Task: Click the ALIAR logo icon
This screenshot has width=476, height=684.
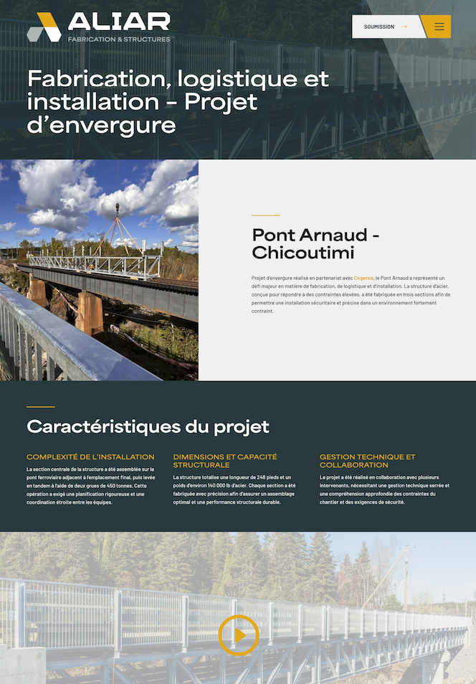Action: pos(44,27)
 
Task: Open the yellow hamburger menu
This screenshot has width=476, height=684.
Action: pos(439,27)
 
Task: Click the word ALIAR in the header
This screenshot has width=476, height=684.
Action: pos(119,22)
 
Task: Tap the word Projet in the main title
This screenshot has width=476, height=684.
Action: pos(221,102)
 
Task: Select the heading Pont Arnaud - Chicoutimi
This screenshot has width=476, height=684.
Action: pos(315,244)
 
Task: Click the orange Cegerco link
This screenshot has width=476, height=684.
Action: pos(363,278)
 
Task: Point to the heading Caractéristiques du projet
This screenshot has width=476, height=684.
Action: pos(148,427)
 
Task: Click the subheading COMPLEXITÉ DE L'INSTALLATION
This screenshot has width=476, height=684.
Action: pos(90,457)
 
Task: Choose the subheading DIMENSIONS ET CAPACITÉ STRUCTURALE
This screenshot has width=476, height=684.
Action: pos(225,461)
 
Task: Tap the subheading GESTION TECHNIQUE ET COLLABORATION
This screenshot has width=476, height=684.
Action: pos(367,461)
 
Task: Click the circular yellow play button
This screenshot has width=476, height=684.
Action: pos(239,635)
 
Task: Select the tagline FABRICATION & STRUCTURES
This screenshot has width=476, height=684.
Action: pos(119,39)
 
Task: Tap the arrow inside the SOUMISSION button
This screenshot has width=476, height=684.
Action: pos(404,27)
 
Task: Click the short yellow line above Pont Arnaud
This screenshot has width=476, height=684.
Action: pos(265,215)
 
